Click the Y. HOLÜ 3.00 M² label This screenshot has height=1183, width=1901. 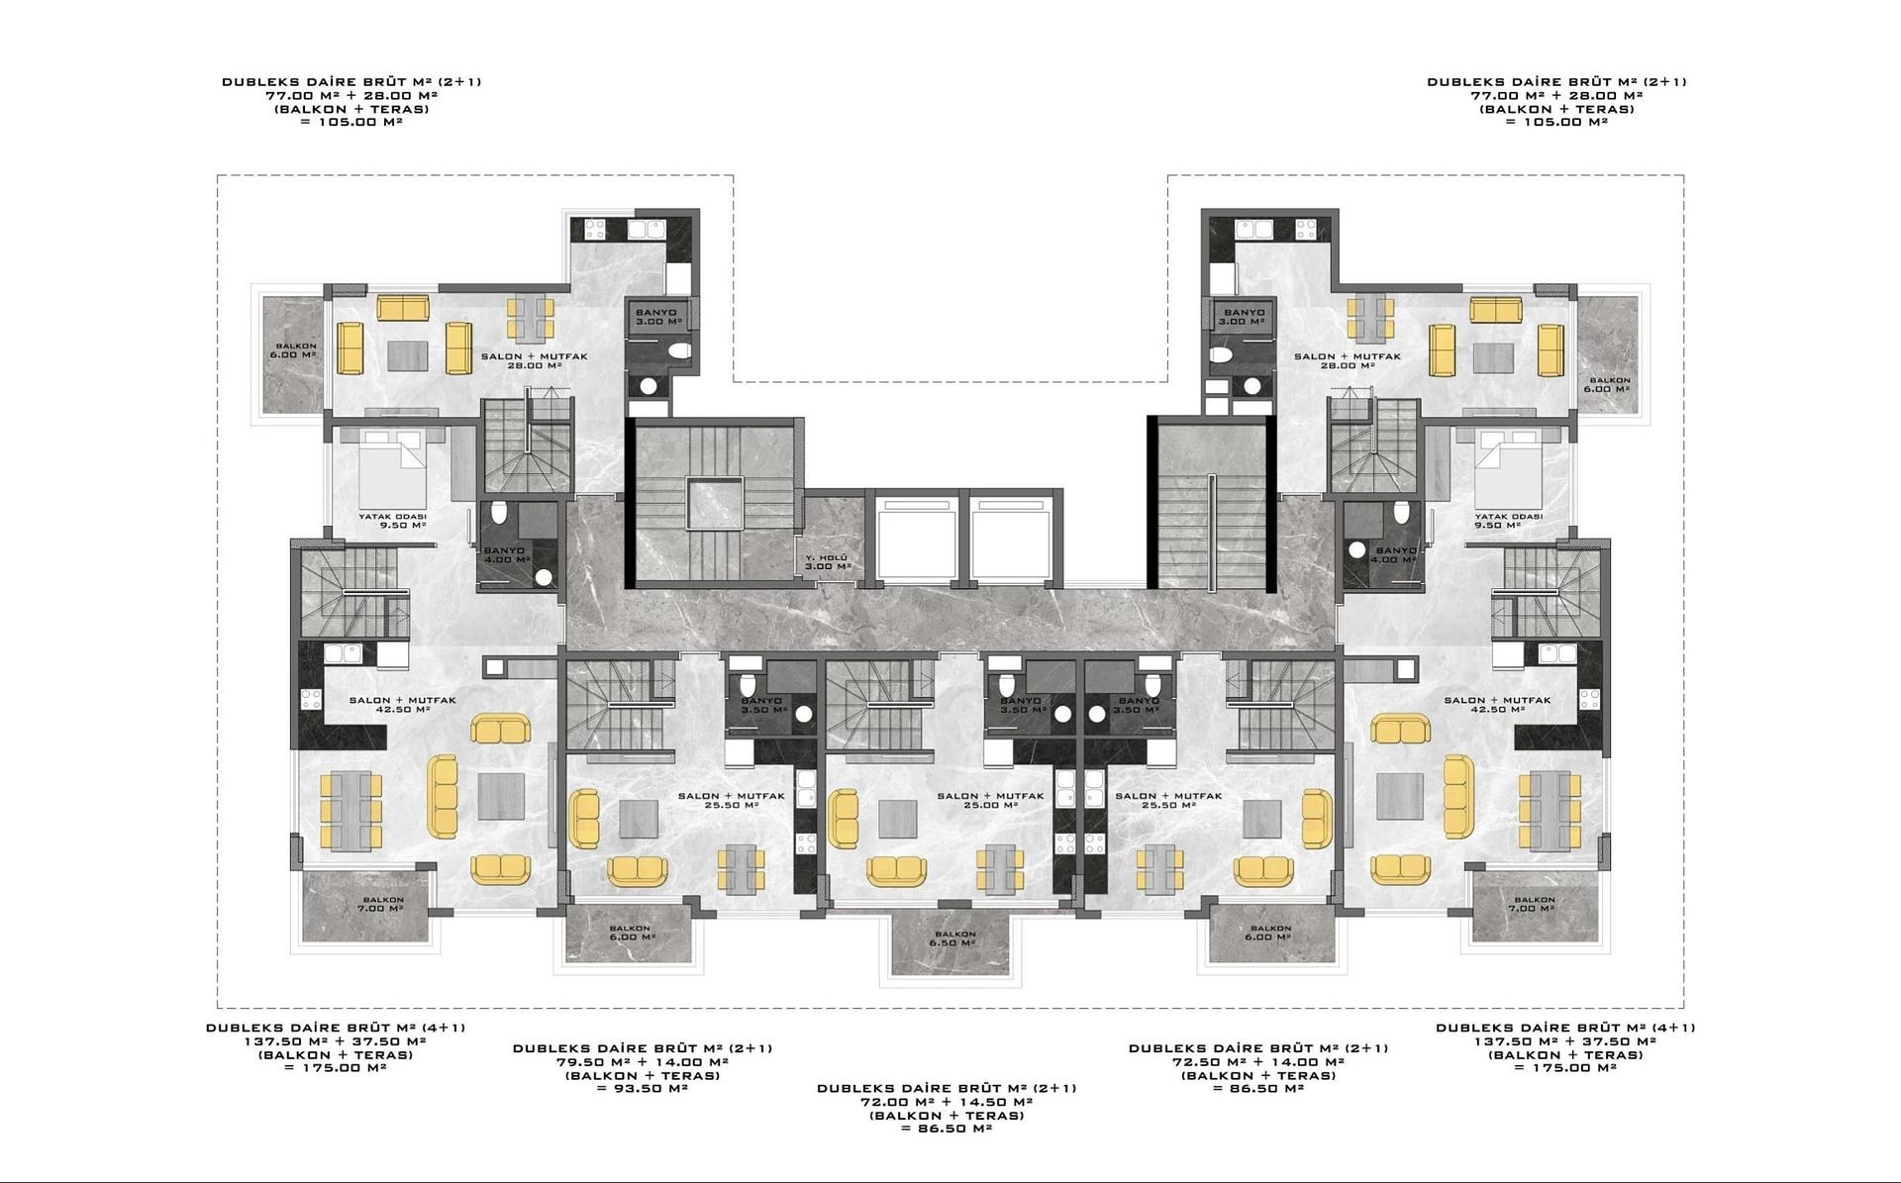tap(828, 562)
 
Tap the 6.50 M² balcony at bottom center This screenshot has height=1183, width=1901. tap(951, 938)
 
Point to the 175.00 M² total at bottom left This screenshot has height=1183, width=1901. tap(335, 1068)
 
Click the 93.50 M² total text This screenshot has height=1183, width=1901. tap(643, 1089)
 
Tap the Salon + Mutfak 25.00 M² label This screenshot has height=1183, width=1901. tap(990, 800)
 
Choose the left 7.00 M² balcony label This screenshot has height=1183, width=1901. tap(380, 905)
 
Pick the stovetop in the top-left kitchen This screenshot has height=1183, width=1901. tap(595, 230)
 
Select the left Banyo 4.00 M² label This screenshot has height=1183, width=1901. tap(505, 555)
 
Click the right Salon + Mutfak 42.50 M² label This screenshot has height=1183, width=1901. tap(1496, 705)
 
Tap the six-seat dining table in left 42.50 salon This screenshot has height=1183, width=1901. tap(350, 811)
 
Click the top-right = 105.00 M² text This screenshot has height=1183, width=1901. tap(1556, 123)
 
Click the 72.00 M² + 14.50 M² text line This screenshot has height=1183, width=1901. tap(947, 1102)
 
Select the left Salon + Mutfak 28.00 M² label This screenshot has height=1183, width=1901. tap(534, 361)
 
